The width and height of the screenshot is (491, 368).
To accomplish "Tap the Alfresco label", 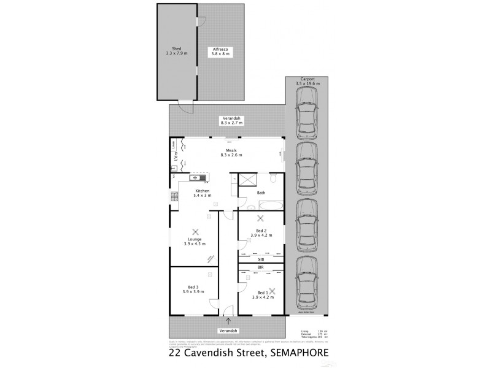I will [x=220, y=48].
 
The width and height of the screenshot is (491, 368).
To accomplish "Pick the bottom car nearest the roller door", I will [x=306, y=283].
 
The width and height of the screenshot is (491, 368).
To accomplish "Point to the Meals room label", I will [x=231, y=148].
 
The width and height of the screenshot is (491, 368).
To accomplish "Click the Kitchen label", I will [x=202, y=191].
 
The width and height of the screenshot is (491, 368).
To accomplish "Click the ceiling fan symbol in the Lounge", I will [x=195, y=232].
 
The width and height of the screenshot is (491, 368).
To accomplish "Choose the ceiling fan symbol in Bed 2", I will [x=260, y=218].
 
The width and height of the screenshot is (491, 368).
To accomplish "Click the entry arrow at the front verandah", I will [x=229, y=320].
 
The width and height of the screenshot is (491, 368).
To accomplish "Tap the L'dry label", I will [x=174, y=157].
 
